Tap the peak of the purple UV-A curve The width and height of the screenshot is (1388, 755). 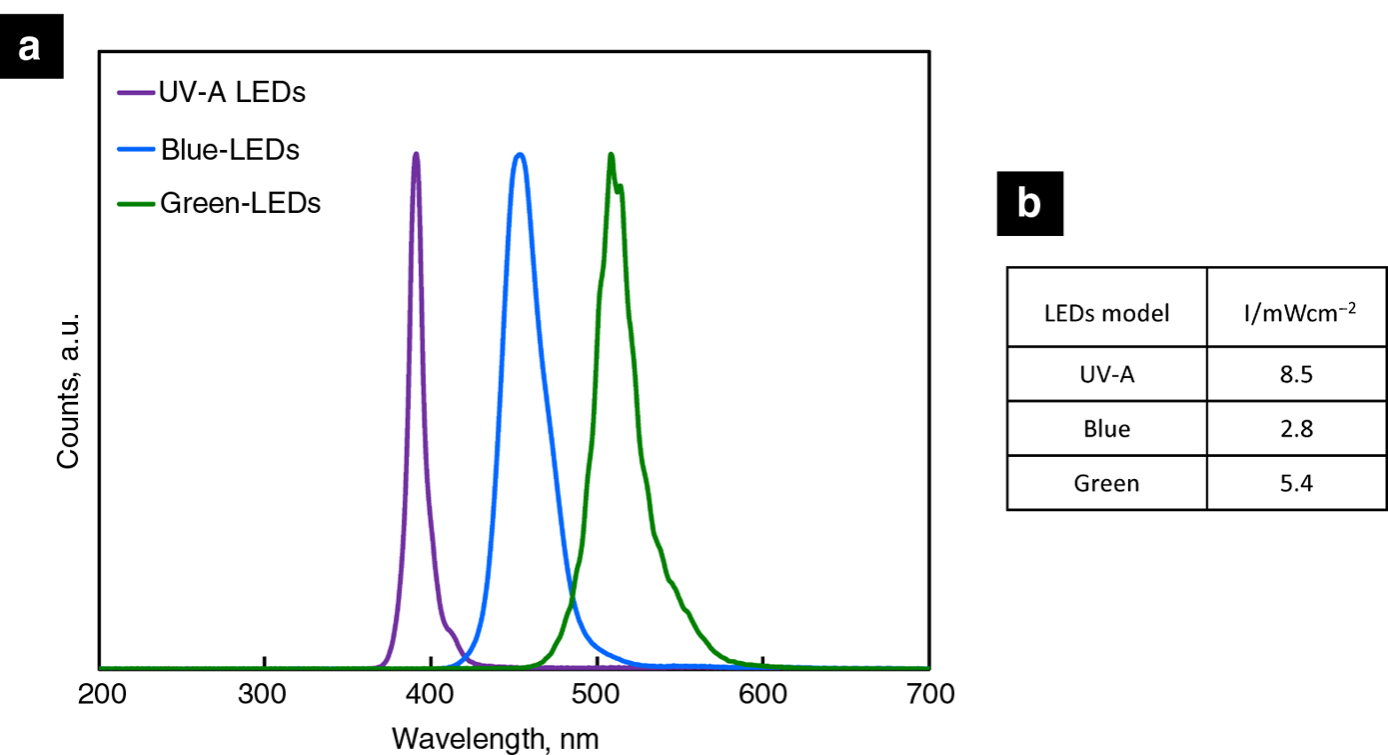[x=416, y=154]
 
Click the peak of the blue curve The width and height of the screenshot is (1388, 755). [x=519, y=154]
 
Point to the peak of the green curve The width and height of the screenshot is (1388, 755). [x=611, y=155]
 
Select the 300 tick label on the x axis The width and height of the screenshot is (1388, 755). [x=265, y=693]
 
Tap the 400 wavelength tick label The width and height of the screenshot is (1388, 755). [x=431, y=693]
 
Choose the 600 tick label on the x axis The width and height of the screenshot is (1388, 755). [x=763, y=693]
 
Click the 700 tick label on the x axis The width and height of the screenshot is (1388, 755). [x=929, y=693]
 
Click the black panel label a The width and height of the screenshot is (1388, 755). [x=31, y=46]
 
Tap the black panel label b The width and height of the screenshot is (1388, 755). [x=1029, y=204]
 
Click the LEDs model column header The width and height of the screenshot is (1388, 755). [x=1106, y=313]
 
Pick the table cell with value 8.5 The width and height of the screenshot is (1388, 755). [x=1296, y=375]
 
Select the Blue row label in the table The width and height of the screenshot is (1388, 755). [x=1106, y=430]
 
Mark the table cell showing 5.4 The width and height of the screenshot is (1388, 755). [x=1296, y=484]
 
